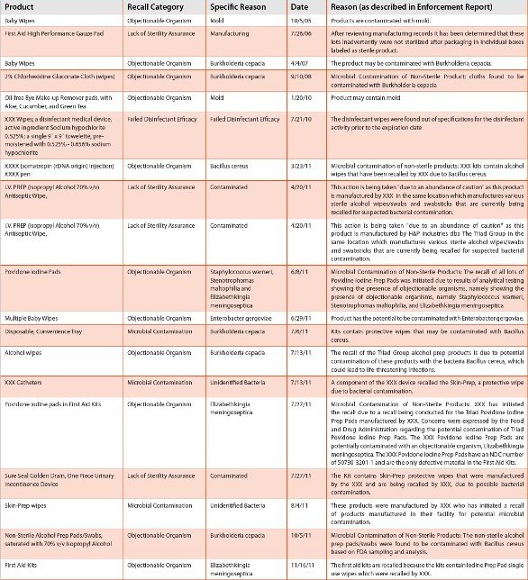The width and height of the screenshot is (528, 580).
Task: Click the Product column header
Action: [22, 6]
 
